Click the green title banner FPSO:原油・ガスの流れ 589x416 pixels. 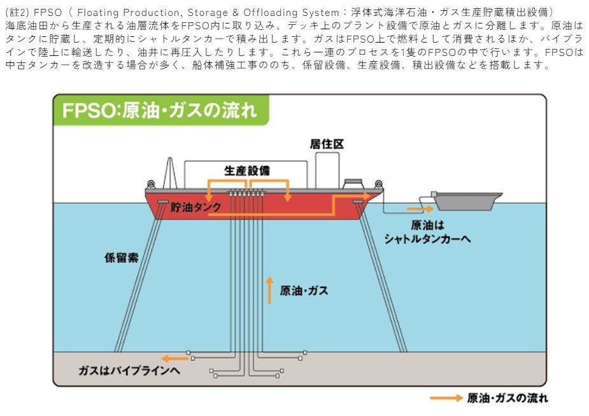pyautogui.click(x=160, y=110)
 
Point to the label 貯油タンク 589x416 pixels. pyautogui.click(x=195, y=207)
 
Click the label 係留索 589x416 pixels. pyautogui.click(x=121, y=258)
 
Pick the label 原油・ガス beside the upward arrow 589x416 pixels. pyautogui.click(x=304, y=291)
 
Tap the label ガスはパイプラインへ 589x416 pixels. pyautogui.click(x=129, y=370)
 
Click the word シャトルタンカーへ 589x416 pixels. pyautogui.click(x=429, y=238)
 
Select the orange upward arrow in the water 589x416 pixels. pyautogui.click(x=269, y=289)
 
